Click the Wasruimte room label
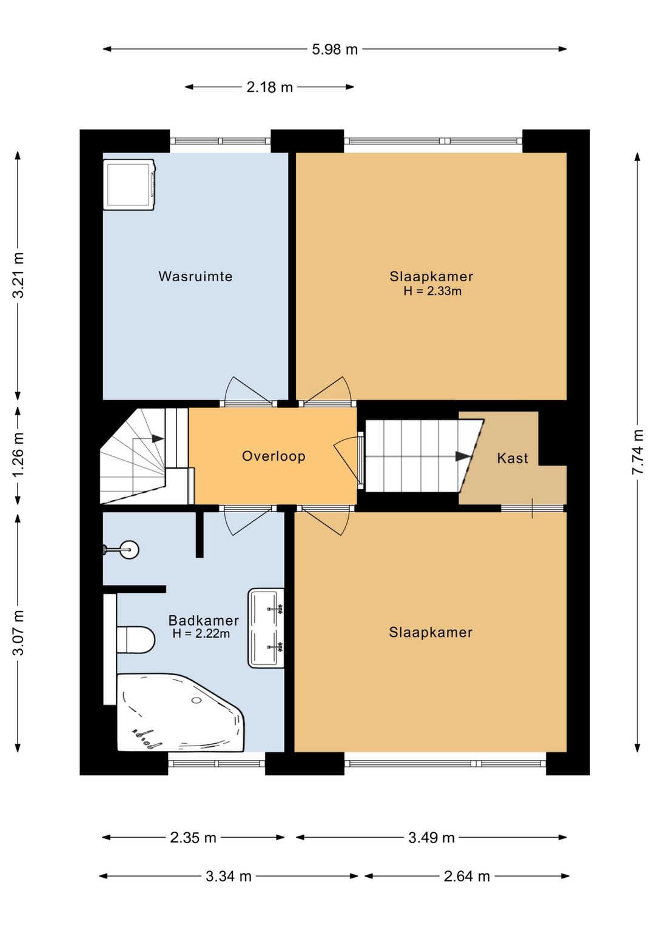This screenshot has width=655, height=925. click(195, 276)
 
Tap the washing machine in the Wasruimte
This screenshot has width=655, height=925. click(129, 185)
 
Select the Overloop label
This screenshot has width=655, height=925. click(274, 456)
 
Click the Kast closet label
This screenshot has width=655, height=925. click(512, 458)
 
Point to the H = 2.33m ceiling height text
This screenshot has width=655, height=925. click(432, 291)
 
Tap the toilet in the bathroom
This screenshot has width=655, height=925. click(135, 639)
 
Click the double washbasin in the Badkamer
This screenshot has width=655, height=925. click(266, 628)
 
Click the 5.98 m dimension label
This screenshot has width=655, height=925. click(335, 50)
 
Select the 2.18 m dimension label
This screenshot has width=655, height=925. click(269, 87)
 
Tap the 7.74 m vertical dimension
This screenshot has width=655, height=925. click(637, 452)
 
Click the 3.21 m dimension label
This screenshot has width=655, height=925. click(18, 275)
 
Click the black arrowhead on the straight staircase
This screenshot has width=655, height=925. click(463, 456)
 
